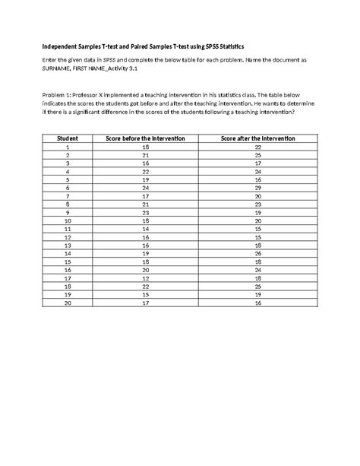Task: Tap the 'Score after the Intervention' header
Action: [x=257, y=138]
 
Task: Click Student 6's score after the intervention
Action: [x=257, y=187]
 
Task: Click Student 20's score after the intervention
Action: [x=257, y=303]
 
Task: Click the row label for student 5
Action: [x=68, y=179]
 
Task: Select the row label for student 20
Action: [x=68, y=303]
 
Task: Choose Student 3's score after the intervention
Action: [x=257, y=163]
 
